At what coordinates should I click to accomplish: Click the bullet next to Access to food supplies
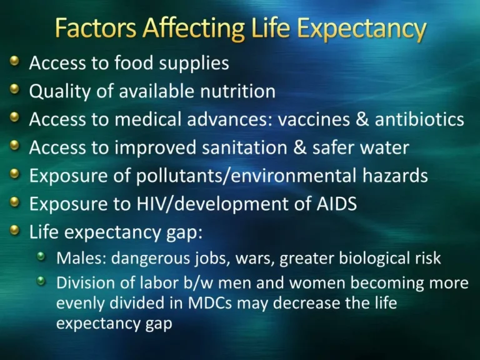[x=14, y=62]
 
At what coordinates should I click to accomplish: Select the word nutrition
[x=235, y=91]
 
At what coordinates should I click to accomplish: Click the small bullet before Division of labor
[x=42, y=281]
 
